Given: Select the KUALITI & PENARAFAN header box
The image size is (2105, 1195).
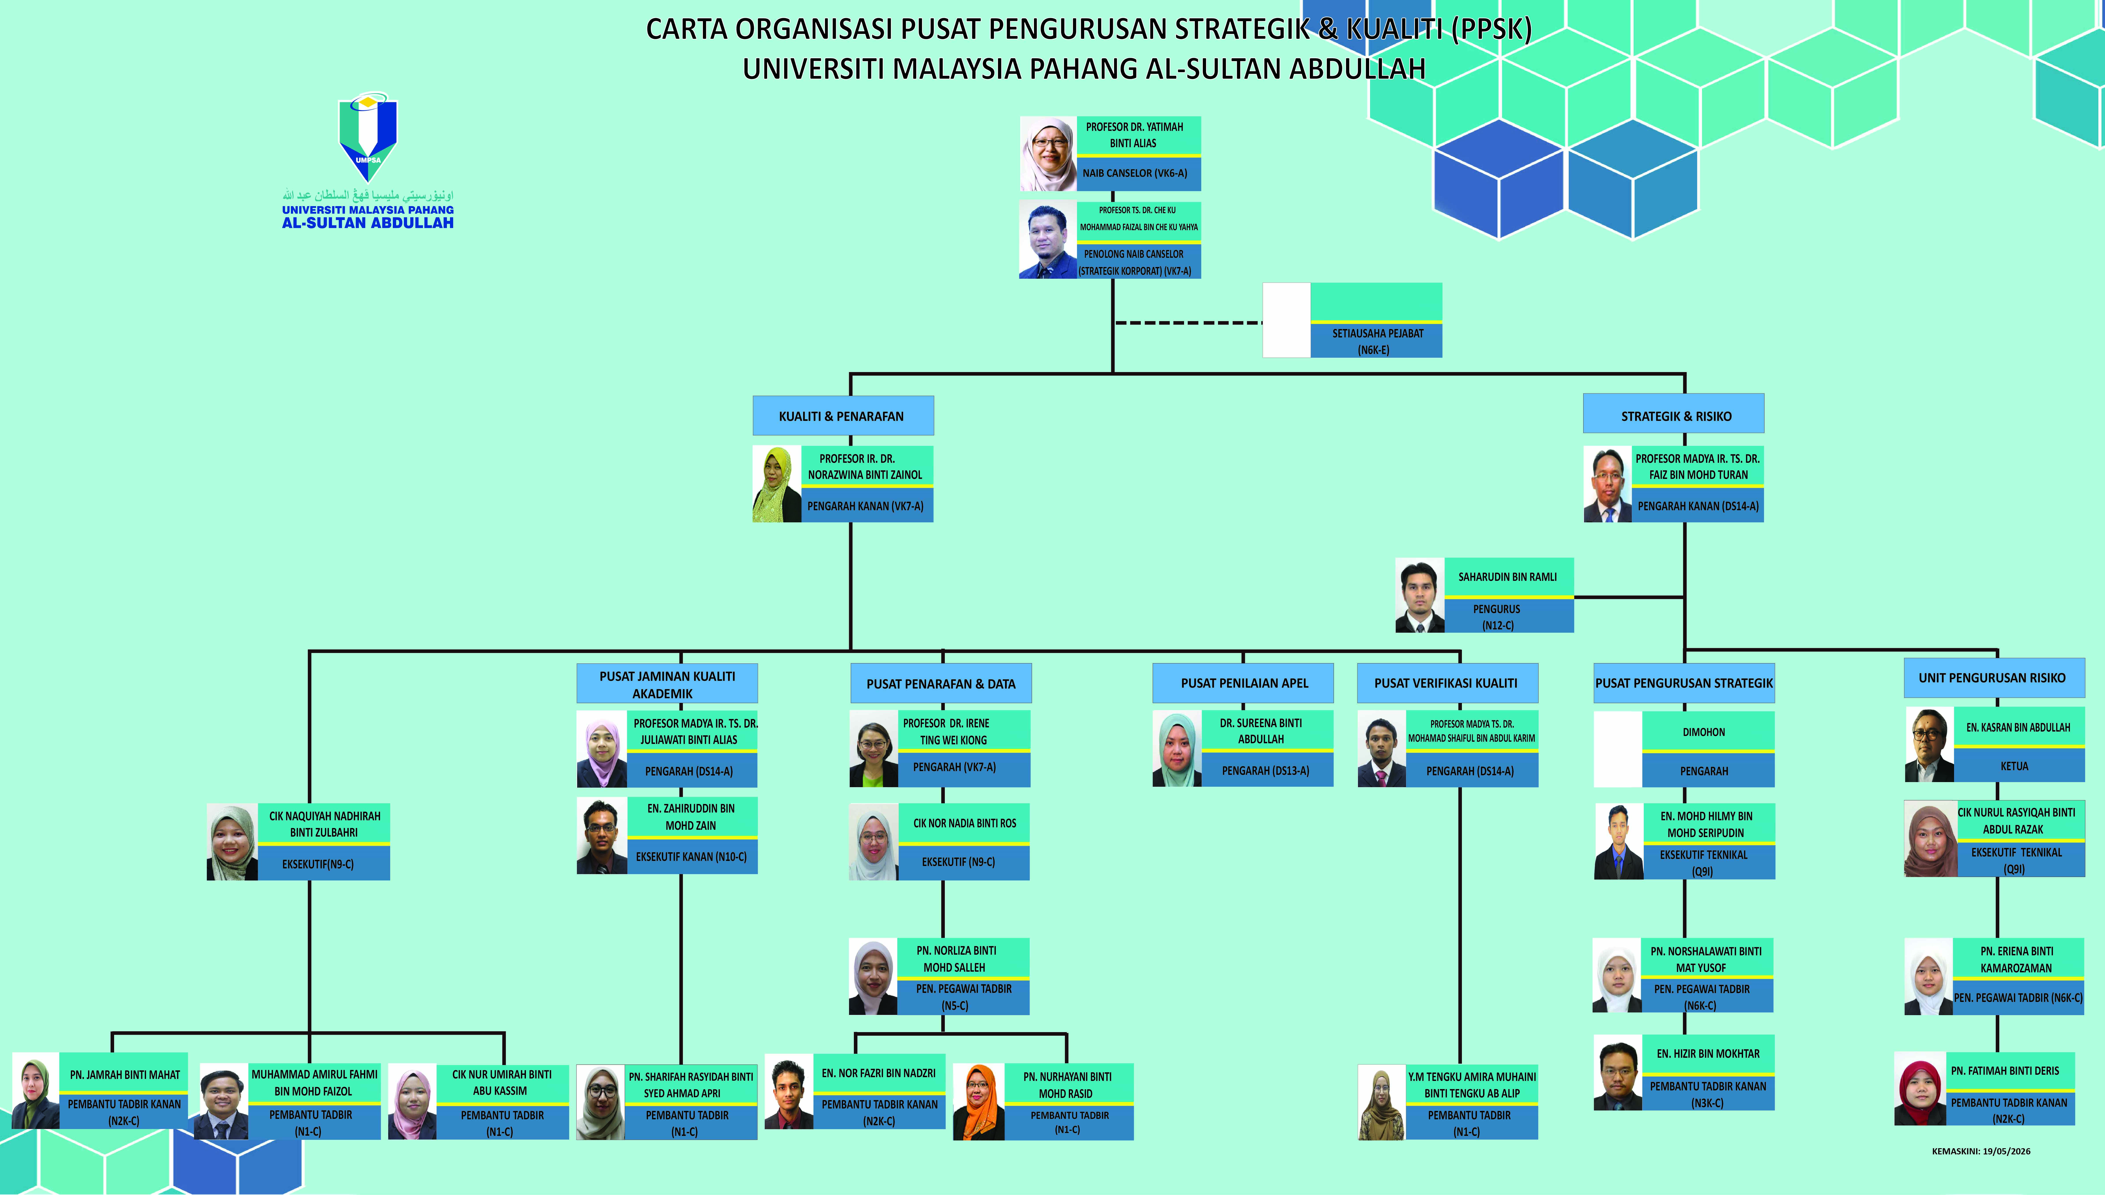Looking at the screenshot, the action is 843,416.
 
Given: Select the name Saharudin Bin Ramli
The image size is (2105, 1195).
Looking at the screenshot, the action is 1508,577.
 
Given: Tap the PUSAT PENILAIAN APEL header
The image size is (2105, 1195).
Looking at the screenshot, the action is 1243,683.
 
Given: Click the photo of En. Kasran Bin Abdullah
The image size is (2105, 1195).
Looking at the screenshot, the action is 1929,744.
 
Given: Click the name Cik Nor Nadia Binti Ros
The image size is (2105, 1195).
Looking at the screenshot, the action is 964,823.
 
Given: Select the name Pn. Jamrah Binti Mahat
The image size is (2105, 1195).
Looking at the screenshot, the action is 125,1074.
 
